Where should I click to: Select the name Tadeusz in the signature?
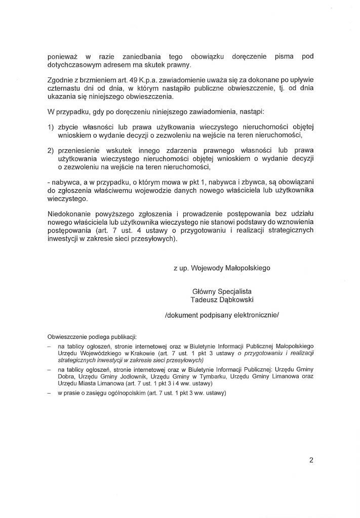(x=204, y=300)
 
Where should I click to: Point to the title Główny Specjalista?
(x=222, y=292)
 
